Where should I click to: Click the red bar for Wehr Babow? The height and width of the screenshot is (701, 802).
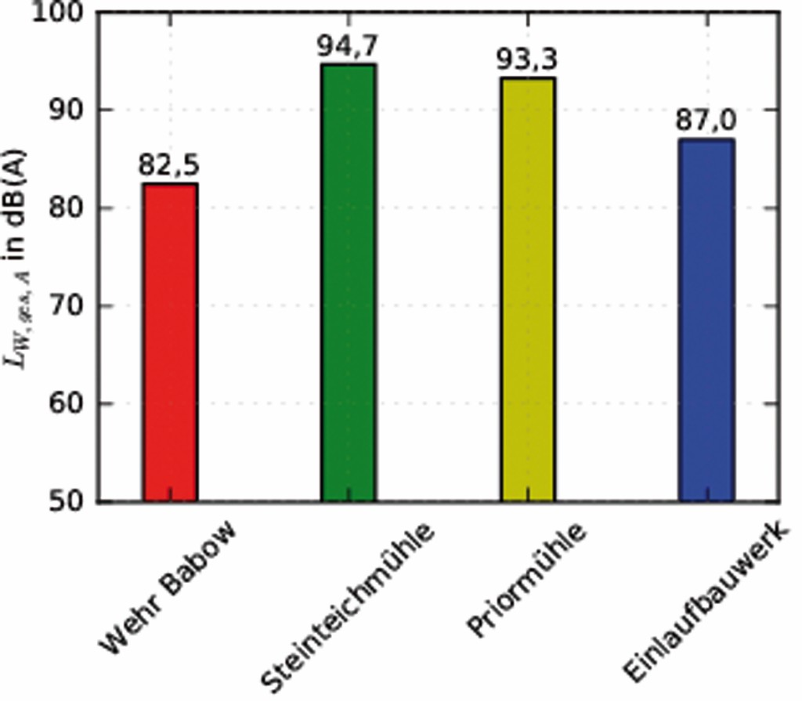tap(170, 342)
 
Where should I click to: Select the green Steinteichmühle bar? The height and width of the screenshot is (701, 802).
tap(349, 283)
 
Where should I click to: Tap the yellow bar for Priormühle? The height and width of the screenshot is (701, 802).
tap(528, 289)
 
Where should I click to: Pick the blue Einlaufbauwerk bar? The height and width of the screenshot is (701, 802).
tap(706, 320)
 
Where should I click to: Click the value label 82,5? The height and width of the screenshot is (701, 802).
tap(169, 166)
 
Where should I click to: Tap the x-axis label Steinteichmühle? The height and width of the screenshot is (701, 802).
tap(349, 607)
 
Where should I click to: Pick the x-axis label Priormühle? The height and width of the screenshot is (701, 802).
tap(526, 580)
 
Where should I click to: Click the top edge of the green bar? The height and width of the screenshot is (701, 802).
tap(349, 64)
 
